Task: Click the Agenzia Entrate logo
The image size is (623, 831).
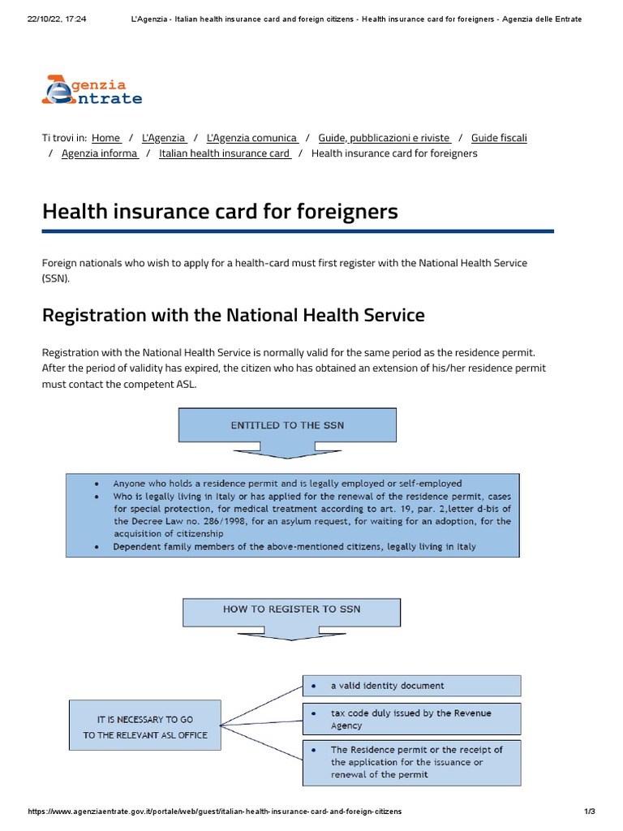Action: (92, 90)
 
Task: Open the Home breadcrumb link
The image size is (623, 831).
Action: (106, 138)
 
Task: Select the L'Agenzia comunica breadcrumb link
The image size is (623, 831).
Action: (252, 138)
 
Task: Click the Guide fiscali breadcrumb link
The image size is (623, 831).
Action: (499, 138)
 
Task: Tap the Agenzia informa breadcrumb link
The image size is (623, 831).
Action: (100, 153)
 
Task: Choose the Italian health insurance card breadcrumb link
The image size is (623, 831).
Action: (225, 153)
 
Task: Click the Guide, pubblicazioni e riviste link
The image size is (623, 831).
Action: (384, 138)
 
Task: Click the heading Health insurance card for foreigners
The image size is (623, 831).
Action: (220, 212)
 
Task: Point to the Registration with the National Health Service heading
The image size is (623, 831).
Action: (233, 315)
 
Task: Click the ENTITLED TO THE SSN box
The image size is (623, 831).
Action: (287, 424)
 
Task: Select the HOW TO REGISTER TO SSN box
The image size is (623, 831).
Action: (291, 609)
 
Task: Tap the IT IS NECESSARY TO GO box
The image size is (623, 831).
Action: (145, 727)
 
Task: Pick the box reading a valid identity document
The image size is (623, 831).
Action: (411, 686)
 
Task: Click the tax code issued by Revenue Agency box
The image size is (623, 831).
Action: (411, 719)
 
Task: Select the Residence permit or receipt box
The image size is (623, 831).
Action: (411, 762)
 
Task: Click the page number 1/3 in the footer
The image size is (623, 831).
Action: (590, 812)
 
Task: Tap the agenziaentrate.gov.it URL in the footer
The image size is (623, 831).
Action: (214, 812)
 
